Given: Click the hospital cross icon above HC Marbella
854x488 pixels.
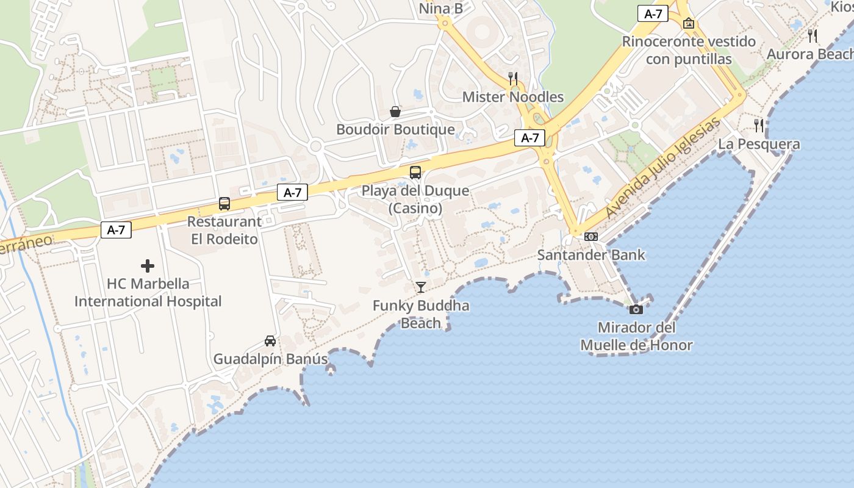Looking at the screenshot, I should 148,266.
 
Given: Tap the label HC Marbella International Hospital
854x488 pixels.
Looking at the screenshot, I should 148,293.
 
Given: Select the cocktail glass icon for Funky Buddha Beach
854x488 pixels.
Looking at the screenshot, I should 420,287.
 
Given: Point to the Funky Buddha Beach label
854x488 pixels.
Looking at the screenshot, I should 421,314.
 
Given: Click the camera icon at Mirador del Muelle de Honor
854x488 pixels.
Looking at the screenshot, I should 636,309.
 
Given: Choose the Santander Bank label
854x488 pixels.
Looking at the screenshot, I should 590,255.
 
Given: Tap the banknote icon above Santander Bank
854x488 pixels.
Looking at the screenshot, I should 590,237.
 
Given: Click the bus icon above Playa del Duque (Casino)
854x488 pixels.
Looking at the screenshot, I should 415,173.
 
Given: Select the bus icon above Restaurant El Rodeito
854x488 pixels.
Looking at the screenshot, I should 224,204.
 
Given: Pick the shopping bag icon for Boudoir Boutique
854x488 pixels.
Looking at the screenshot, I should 395,112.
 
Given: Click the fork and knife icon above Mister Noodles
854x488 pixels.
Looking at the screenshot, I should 513,79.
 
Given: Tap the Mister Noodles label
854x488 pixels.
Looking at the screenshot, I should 512,97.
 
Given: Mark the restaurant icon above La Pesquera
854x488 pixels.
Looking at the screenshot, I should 759,126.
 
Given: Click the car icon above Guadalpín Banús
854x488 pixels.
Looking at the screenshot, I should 270,341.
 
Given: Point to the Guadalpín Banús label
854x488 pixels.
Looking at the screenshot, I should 270,359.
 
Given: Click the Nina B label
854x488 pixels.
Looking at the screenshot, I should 440,9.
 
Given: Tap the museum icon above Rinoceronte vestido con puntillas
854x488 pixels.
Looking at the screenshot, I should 689,24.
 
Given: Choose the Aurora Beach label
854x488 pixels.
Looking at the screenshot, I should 809,54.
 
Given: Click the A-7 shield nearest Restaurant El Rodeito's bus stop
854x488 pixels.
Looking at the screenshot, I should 293,193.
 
